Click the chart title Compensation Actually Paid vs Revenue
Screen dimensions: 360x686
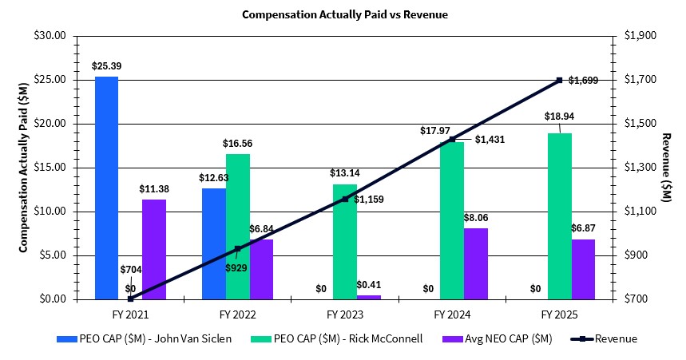click(344, 14)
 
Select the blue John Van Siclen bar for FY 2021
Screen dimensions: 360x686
click(106, 188)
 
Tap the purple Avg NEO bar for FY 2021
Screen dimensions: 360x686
click(154, 249)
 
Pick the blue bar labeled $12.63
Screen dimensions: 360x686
click(213, 243)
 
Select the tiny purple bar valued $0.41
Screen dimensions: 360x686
click(368, 297)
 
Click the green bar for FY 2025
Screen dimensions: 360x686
click(559, 216)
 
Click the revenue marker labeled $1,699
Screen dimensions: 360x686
click(559, 80)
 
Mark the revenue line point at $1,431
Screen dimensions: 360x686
click(452, 139)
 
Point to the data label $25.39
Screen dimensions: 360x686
click(106, 65)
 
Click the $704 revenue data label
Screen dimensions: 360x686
click(131, 271)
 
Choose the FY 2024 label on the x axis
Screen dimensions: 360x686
click(452, 312)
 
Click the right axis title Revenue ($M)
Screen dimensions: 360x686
click(667, 168)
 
